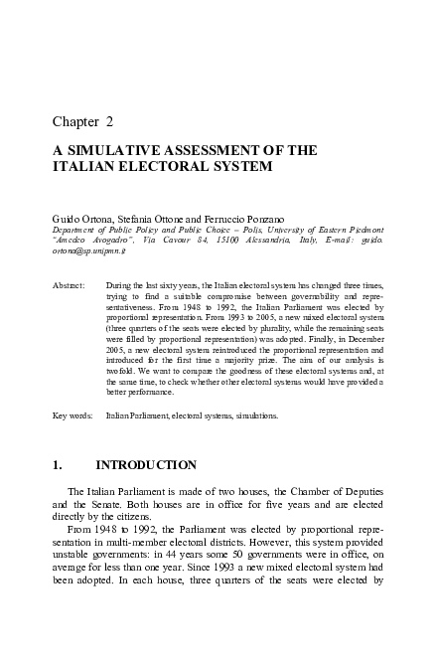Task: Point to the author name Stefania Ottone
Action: coord(147,216)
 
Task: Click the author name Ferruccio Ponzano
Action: coord(226,216)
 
